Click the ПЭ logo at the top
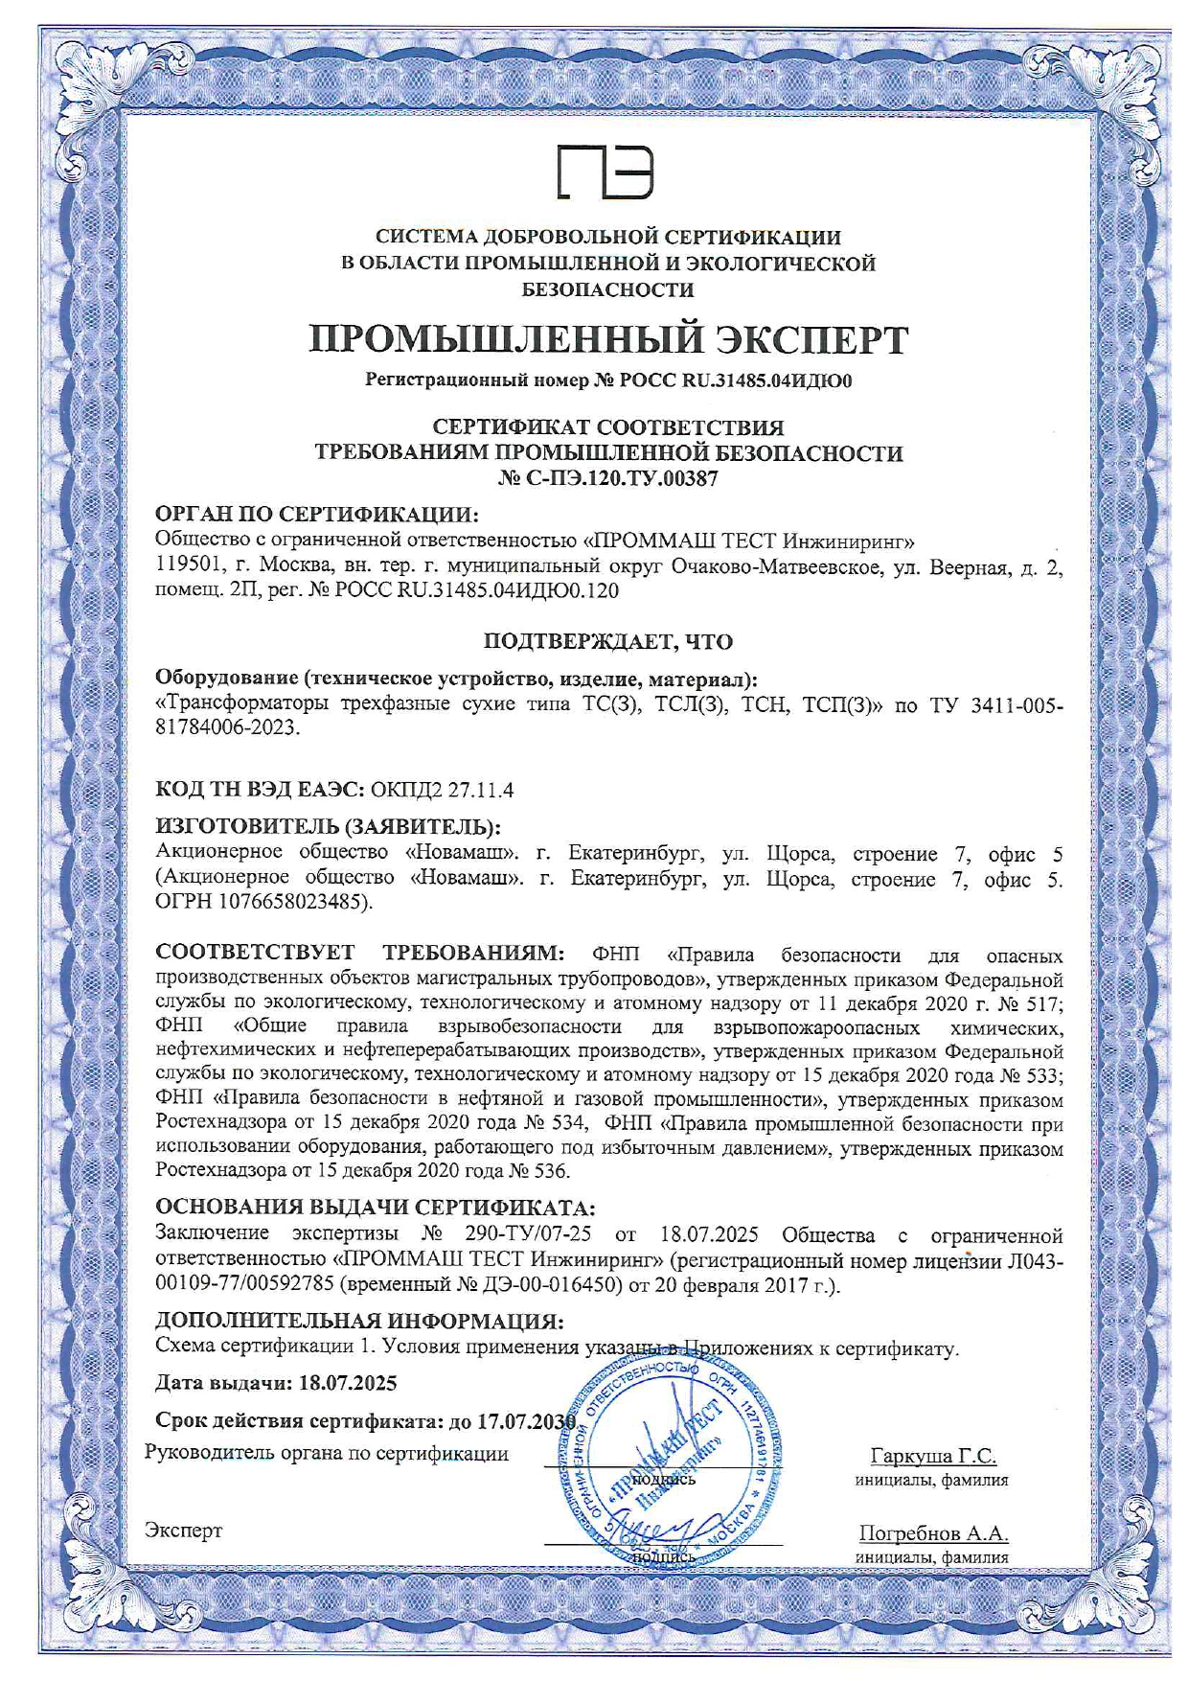(x=606, y=173)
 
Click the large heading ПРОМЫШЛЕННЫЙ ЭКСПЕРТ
(x=608, y=340)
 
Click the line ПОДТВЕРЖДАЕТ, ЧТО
(x=607, y=641)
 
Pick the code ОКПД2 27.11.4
(x=443, y=790)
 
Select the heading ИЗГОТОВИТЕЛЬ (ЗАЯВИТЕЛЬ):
(x=329, y=826)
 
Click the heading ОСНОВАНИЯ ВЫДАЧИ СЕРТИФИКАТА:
(x=375, y=1207)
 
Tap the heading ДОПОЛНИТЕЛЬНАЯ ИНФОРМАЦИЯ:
(x=359, y=1322)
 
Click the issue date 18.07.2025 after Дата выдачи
(x=348, y=1383)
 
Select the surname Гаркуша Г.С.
(x=933, y=1456)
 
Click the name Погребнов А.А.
(x=933, y=1532)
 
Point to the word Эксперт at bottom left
(x=183, y=1531)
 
